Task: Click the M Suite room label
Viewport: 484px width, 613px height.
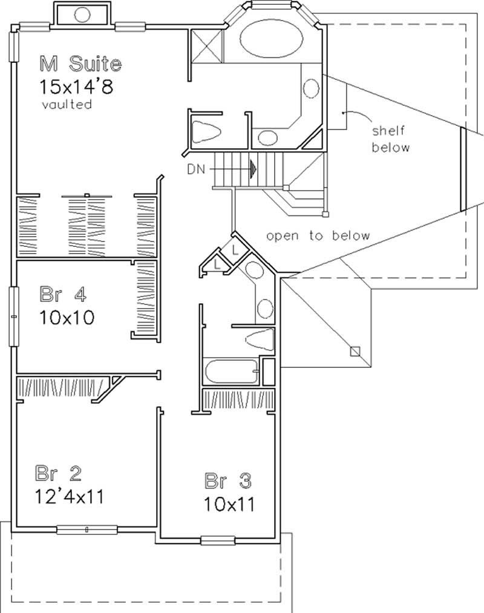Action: [80, 63]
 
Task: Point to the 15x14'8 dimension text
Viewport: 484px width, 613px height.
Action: [77, 86]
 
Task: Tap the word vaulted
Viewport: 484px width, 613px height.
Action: [67, 105]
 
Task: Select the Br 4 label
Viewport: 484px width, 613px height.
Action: [64, 295]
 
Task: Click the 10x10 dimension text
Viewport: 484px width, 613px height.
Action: [67, 317]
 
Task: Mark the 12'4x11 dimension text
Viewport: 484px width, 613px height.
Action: [70, 497]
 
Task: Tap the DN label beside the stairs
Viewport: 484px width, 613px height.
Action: [196, 170]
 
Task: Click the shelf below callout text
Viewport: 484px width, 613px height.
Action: [391, 139]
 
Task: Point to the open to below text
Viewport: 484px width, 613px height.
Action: [318, 236]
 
